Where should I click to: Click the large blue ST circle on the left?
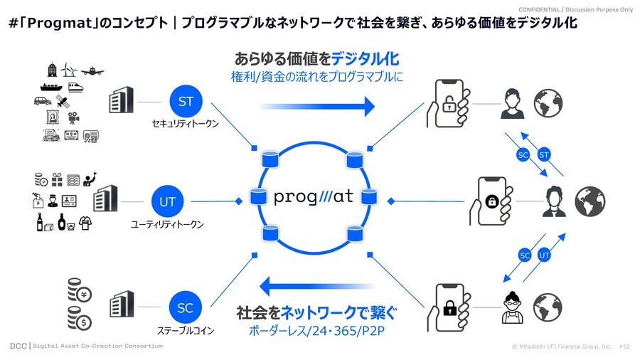tap(186, 102)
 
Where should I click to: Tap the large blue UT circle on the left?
tap(168, 202)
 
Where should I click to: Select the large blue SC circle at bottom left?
tap(185, 308)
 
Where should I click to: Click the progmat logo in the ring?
tap(314, 196)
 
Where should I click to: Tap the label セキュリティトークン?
tap(185, 123)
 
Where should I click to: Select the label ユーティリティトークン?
tap(168, 224)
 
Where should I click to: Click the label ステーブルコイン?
tap(185, 331)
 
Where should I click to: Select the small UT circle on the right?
tap(545, 254)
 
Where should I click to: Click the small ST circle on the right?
tap(545, 154)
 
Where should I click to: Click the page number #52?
tap(625, 346)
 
